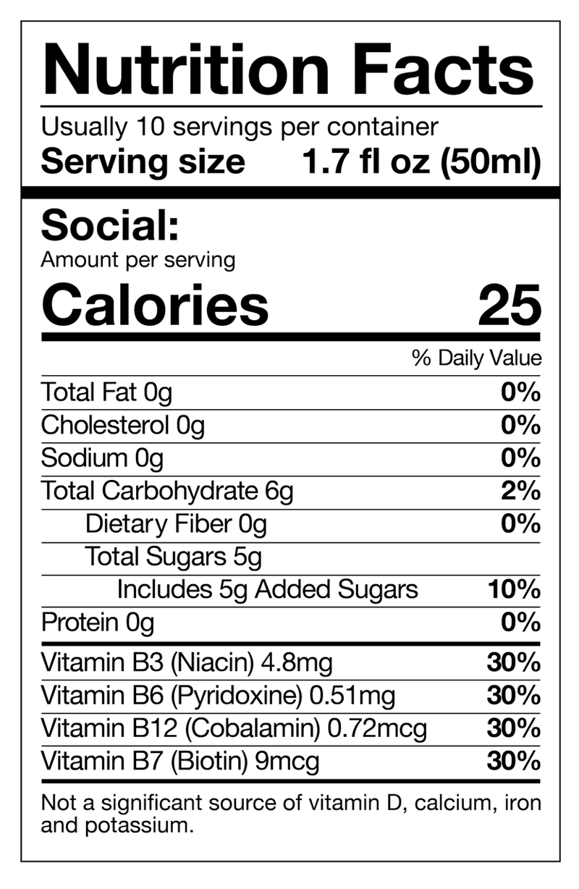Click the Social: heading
pyautogui.click(x=109, y=227)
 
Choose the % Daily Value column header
pyautogui.click(x=476, y=358)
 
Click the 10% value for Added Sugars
pyautogui.click(x=514, y=589)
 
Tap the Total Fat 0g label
pyautogui.click(x=107, y=393)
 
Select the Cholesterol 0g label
pyautogui.click(x=122, y=426)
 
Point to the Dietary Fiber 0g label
pyautogui.click(x=176, y=523)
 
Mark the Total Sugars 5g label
pyautogui.click(x=173, y=557)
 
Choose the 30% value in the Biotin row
pyautogui.click(x=513, y=761)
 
